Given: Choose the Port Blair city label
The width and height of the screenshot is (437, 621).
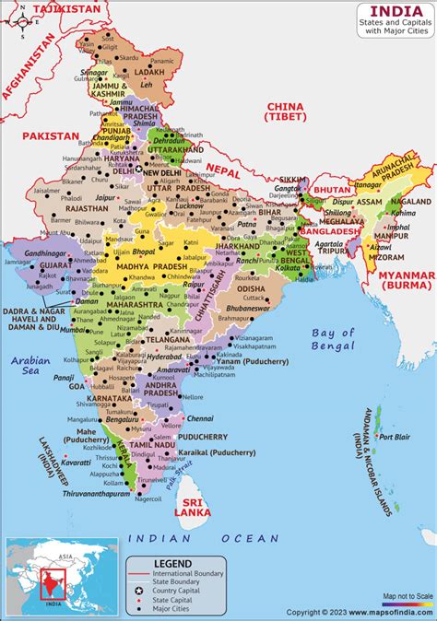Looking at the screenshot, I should tap(395, 437).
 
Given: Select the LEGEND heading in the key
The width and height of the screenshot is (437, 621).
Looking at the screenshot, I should tap(173, 563).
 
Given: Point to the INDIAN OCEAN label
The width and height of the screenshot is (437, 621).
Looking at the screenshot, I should tap(203, 538).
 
